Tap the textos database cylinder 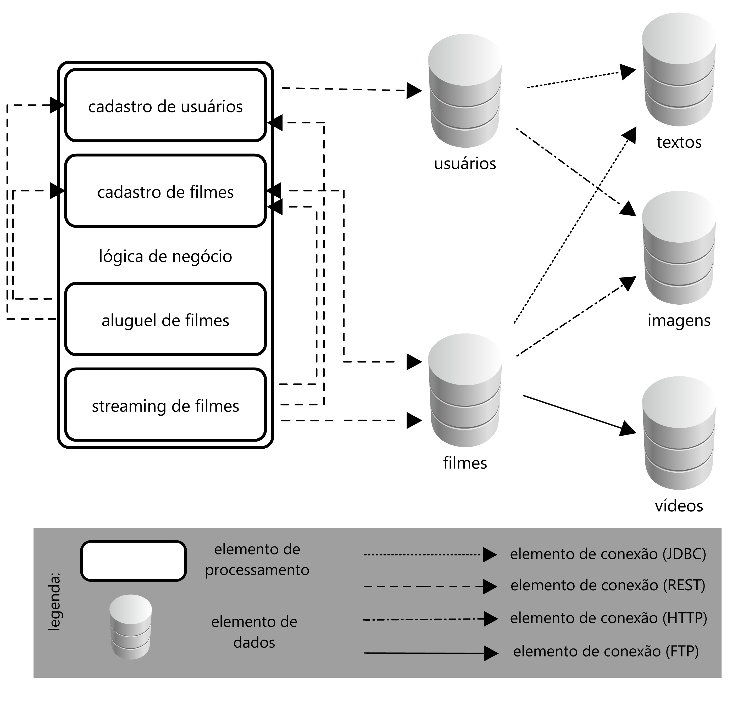click(678, 70)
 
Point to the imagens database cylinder click(678, 248)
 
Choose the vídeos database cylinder click(678, 433)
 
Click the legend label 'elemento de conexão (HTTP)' click(608, 618)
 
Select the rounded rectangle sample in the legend click(133, 561)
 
